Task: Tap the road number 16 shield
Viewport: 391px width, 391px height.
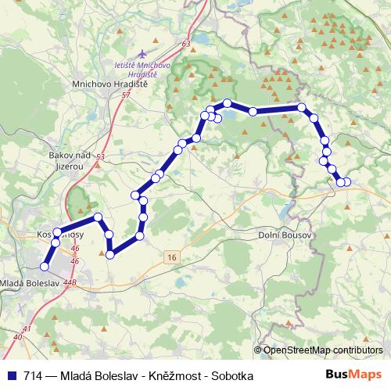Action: click(x=171, y=256)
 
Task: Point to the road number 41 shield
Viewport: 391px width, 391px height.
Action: click(x=29, y=328)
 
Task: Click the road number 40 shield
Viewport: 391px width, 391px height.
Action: click(x=17, y=337)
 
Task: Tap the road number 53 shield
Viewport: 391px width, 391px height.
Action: click(x=100, y=157)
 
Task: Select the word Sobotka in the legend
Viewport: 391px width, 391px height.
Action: click(x=232, y=376)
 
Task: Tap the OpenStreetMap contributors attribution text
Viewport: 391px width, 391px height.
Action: click(x=322, y=350)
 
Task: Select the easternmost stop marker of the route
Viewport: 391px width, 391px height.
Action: click(x=347, y=182)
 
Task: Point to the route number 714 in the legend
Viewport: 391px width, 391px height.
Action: click(x=33, y=376)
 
